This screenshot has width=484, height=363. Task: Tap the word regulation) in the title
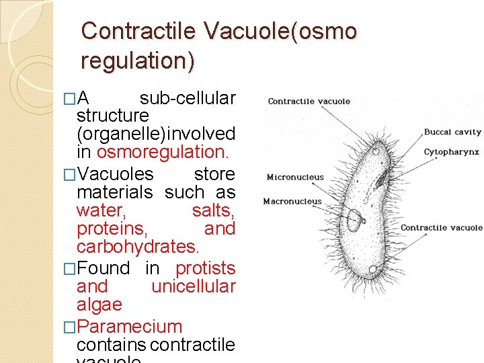coord(138,61)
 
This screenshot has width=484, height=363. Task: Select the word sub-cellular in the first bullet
coord(188,98)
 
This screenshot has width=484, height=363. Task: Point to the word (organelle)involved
coord(156,133)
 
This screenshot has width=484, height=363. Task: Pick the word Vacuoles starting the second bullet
coord(116,174)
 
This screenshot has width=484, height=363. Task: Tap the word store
coord(214,174)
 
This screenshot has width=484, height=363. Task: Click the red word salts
coord(213,211)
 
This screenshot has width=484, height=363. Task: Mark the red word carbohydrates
coord(138,247)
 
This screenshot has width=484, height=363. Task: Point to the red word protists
coord(205,268)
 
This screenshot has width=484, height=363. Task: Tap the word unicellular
coord(193,286)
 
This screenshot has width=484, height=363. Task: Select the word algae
coord(99,305)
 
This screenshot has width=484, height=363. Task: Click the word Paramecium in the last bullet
coord(130,327)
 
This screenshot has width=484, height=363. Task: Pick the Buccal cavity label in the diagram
coord(452,132)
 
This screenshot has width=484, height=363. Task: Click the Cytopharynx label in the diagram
coord(451,152)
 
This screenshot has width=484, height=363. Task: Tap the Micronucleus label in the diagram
coord(295,177)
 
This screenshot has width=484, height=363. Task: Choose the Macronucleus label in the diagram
coord(292,201)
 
